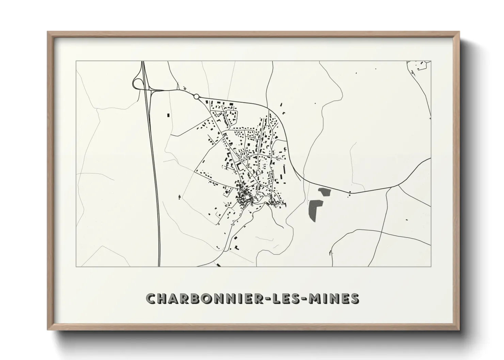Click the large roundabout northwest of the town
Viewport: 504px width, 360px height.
pos(196,97)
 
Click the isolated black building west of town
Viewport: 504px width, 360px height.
pos(168,115)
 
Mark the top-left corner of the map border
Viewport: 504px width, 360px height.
pos(76,61)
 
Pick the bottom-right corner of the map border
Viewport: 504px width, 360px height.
pos(431,266)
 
